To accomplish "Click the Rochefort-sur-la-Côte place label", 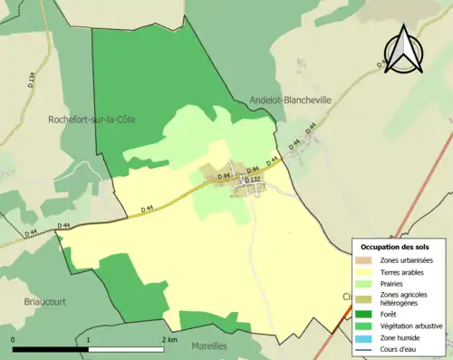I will pos(92,119).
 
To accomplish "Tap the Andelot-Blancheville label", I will pos(290,102).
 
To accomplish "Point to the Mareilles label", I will pos(211,345).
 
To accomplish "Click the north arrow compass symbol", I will pos(404,49).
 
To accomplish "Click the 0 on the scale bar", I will pos(14,339).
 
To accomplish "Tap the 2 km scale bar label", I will pos(169,339).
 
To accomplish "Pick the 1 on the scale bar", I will pos(89,339).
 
